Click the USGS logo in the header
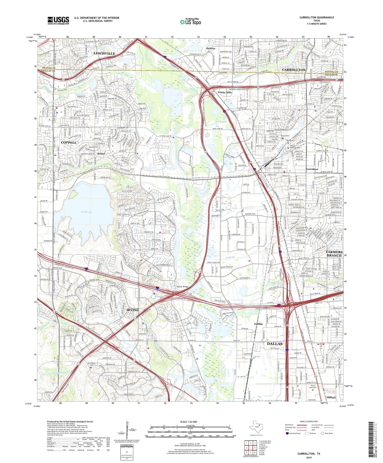58,20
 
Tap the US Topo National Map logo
190,22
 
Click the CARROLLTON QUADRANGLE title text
317,17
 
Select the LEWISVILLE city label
104,53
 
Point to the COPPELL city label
69,143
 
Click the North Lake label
86,212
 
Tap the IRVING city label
133,310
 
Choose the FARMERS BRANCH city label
334,254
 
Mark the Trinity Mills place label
224,92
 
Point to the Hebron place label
211,48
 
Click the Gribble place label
258,324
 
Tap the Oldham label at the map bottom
331,398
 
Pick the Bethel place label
101,154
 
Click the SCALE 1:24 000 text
190,422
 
